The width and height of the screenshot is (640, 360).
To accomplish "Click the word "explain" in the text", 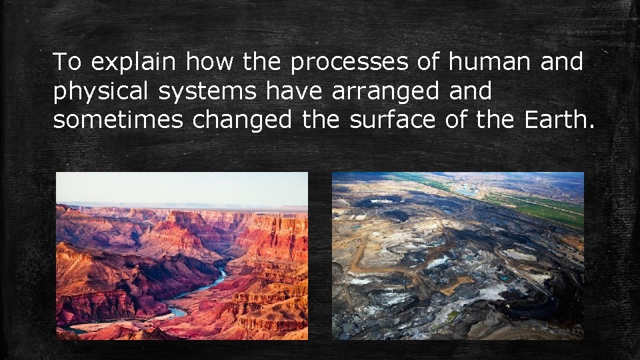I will click(x=133, y=63).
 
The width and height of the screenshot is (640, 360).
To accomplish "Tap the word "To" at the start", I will click(x=67, y=63).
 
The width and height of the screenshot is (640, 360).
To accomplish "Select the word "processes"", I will click(x=349, y=63).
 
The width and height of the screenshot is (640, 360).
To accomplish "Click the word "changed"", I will click(x=242, y=121).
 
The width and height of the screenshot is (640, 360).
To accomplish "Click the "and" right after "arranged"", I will click(x=470, y=92).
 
